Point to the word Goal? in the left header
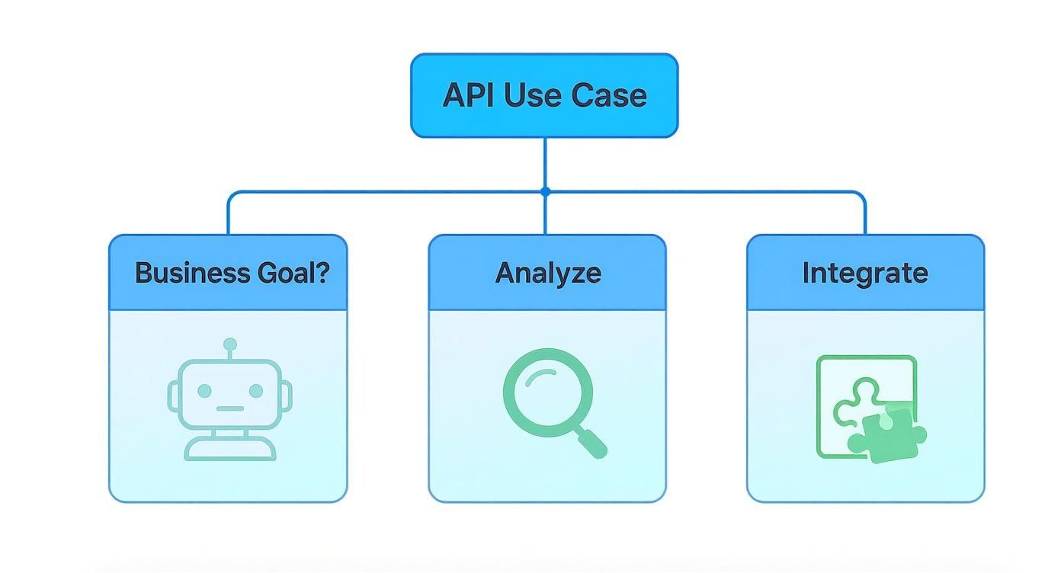click(302, 273)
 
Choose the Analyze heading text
click(548, 273)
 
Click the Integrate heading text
click(865, 273)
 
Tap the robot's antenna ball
click(230, 345)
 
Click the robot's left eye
click(204, 391)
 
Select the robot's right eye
click(256, 391)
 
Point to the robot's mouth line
click(230, 408)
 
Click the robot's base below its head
click(230, 449)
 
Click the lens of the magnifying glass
click(547, 392)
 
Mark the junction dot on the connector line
click(545, 192)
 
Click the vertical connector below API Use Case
click(545, 163)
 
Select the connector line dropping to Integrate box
click(865, 217)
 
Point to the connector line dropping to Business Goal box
click(228, 217)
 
